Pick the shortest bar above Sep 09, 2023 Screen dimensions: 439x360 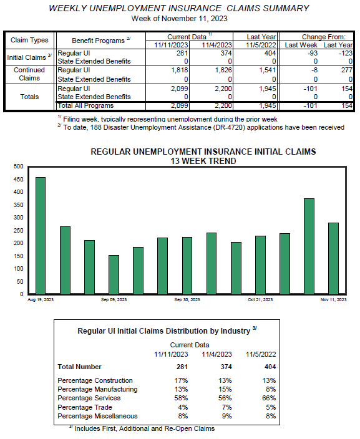click(x=114, y=274)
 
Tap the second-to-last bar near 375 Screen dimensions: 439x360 click(x=309, y=246)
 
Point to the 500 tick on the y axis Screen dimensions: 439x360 click(x=18, y=166)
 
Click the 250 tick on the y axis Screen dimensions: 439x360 click(x=18, y=230)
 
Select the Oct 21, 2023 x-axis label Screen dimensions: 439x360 click(x=260, y=300)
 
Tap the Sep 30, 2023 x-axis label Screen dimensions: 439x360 click(x=187, y=300)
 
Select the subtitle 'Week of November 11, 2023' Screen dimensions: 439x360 click(x=180, y=18)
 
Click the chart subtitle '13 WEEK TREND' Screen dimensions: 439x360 click(x=203, y=160)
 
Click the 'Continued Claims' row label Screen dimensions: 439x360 click(x=29, y=74)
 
